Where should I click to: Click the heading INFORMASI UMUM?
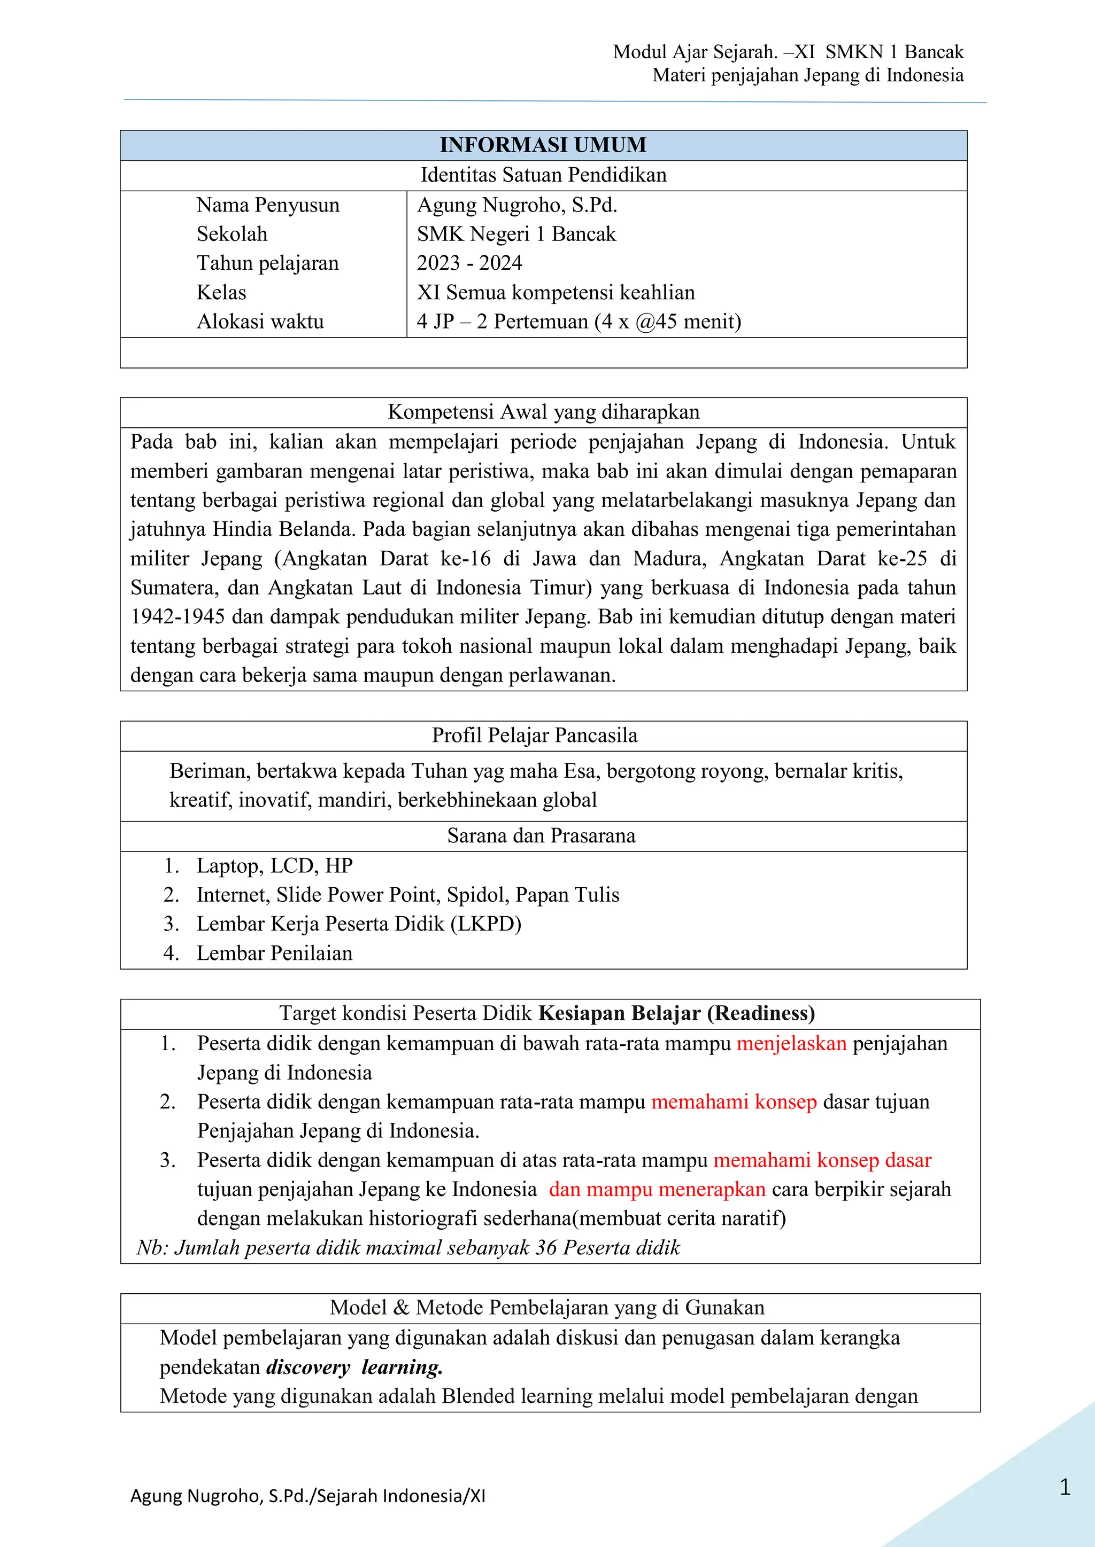coord(543,145)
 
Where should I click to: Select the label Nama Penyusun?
coord(268,205)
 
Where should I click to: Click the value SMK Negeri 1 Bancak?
coord(516,234)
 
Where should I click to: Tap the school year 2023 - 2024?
coord(469,263)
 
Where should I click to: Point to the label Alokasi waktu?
coord(260,322)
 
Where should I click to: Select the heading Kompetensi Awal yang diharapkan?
coord(543,412)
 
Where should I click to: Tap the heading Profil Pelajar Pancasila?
coord(534,735)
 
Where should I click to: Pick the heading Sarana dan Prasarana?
coord(541,835)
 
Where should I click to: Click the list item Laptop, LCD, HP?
coord(274,865)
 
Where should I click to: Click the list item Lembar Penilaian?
coord(274,953)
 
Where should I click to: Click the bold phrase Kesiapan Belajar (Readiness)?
coord(676,1013)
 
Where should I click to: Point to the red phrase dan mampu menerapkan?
coord(657,1189)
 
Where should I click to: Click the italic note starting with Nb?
coord(408,1248)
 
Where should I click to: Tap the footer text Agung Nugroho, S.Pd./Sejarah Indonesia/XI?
coord(307,1496)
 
